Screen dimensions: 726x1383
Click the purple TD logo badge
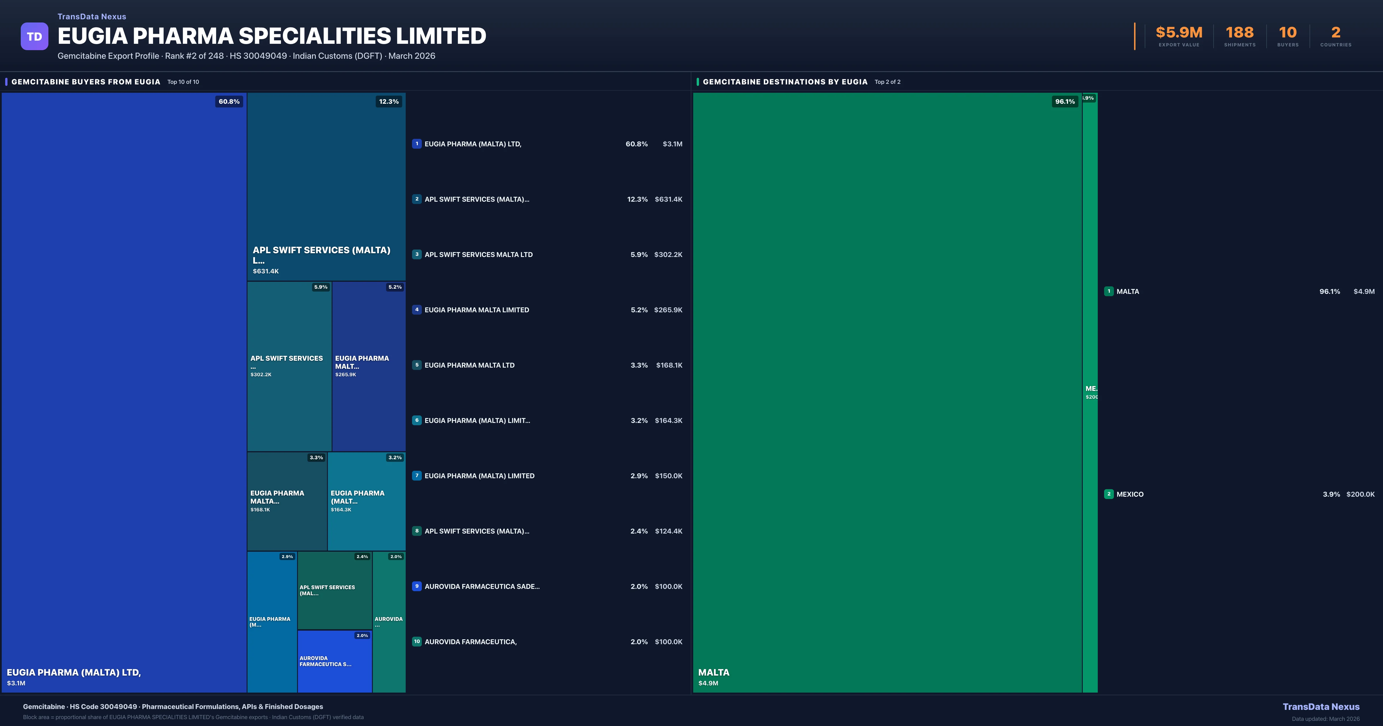(x=34, y=37)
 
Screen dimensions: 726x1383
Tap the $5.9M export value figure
(x=1179, y=33)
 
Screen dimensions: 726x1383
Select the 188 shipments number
(x=1240, y=33)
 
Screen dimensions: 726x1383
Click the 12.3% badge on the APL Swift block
(x=389, y=101)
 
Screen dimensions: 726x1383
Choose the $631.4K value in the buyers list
(x=668, y=199)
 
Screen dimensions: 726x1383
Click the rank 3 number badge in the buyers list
(x=417, y=254)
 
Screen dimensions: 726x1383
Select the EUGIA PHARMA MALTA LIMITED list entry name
(x=477, y=310)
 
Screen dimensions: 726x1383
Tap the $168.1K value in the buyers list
(x=669, y=365)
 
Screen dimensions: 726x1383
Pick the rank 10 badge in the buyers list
(x=417, y=642)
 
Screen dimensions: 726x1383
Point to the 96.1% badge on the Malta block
(x=1065, y=101)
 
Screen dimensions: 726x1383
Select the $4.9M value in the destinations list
(x=1364, y=292)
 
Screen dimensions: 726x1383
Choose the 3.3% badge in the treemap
(x=316, y=457)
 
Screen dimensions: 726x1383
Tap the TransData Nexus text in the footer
(x=1321, y=707)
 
